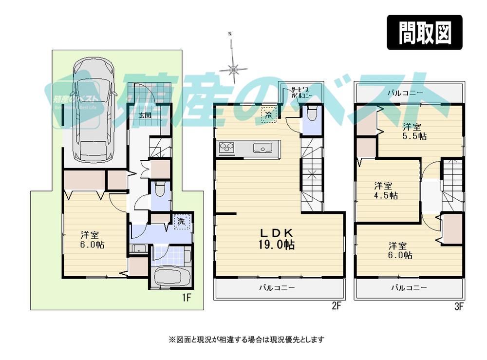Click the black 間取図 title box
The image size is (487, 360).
coord(424,33)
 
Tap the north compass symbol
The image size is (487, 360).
coord(233,68)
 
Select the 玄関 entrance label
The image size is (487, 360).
coord(144,115)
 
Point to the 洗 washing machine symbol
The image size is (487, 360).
coord(181,221)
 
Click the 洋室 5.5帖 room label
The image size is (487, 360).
coord(414,131)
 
